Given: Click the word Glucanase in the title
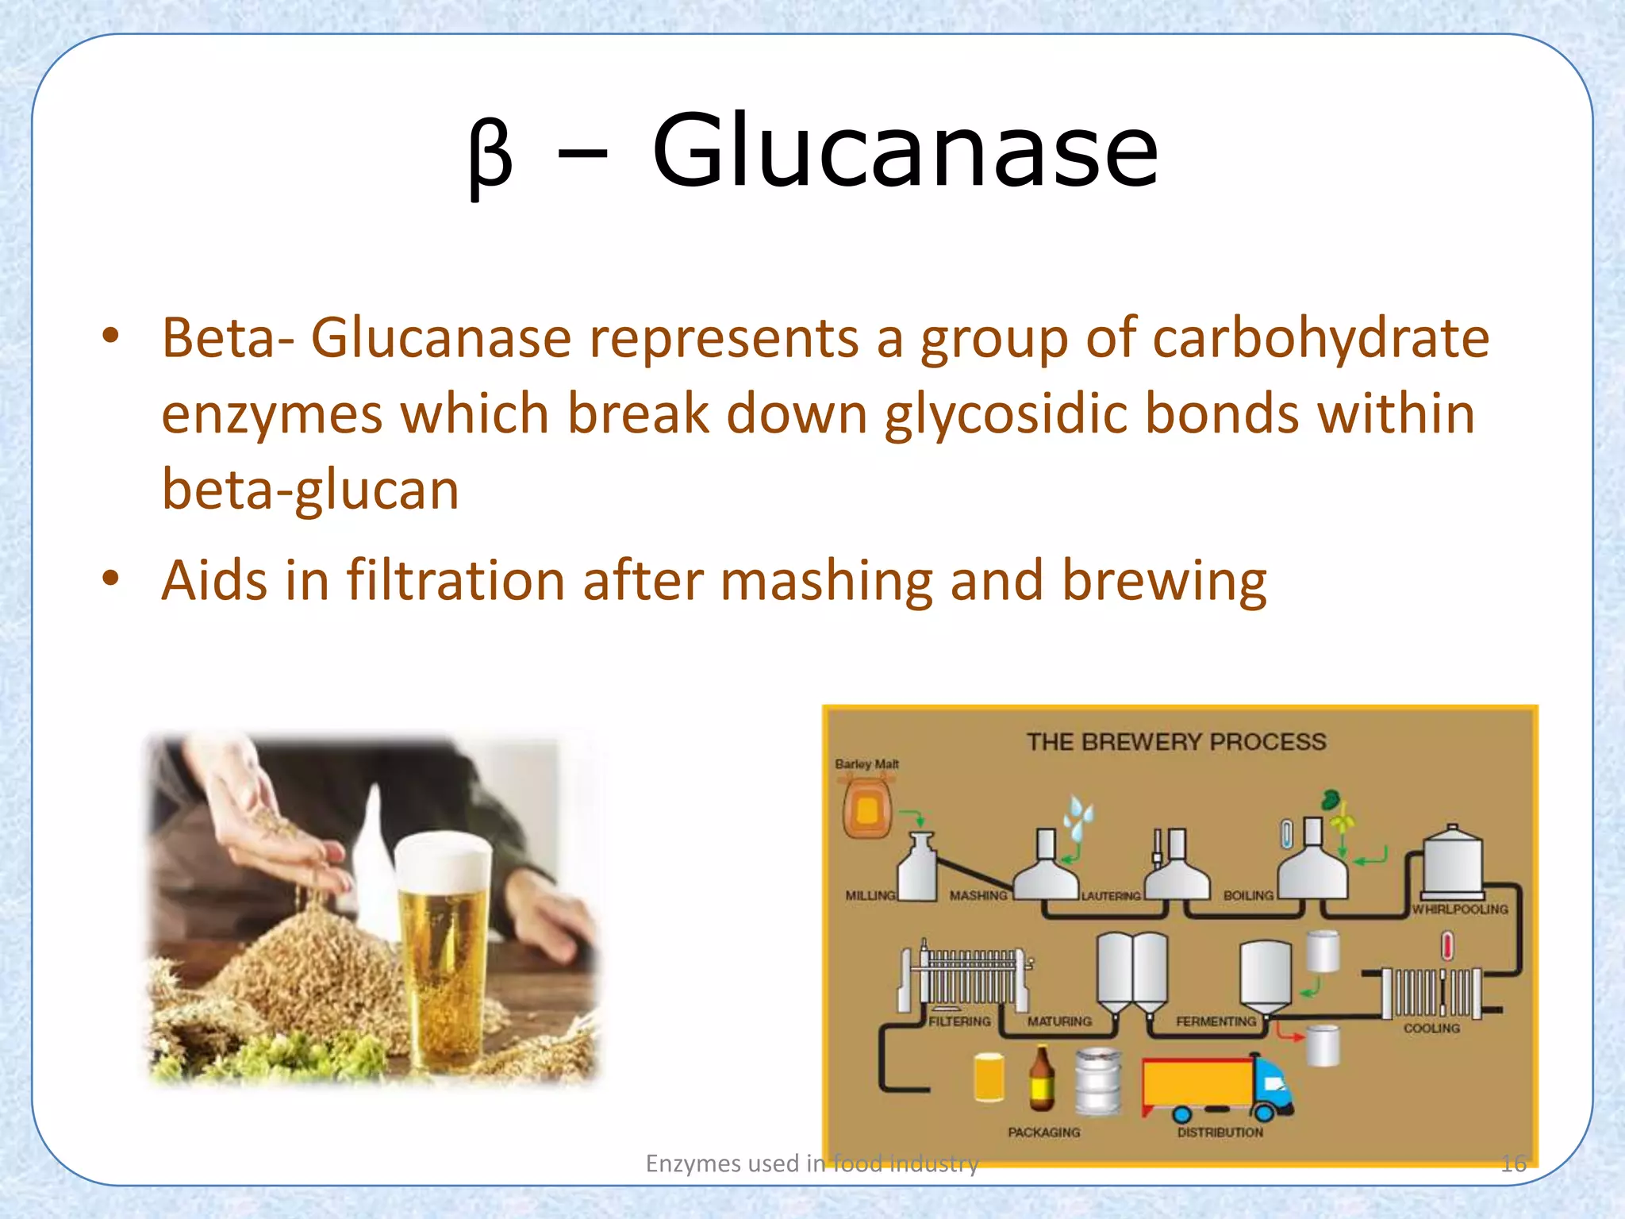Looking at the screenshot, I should point(905,150).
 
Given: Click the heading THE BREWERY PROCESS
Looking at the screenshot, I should point(1176,742).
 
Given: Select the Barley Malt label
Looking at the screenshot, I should point(866,764).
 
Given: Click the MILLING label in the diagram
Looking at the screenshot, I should point(870,895).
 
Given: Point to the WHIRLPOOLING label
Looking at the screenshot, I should point(1460,909).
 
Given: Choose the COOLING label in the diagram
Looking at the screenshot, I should point(1431,1029).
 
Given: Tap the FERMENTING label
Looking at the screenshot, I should point(1216,1022).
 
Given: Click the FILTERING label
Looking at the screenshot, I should point(959,1022).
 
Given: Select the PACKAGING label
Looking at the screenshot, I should point(1043,1132).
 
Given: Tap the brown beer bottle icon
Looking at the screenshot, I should point(1042,1079).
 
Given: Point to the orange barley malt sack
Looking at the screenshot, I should point(866,809).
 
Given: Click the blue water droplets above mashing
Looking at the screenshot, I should point(1079,817).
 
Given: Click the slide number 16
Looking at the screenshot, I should point(1513,1164).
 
